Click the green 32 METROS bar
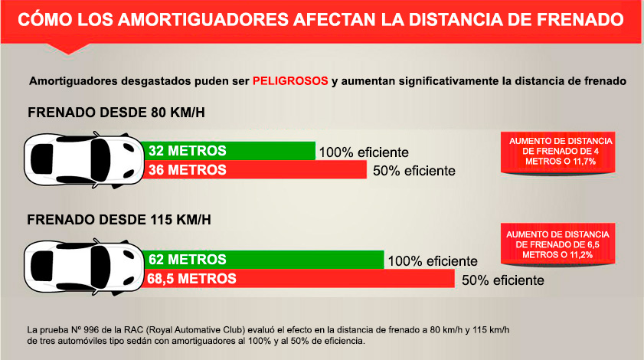[x=230, y=150]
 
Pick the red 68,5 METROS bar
[x=299, y=279]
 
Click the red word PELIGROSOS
[x=291, y=80]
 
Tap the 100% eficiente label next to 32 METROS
[x=363, y=152]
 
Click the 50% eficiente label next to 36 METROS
[x=414, y=171]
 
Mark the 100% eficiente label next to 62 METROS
[x=433, y=261]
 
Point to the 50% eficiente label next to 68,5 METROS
[x=502, y=280]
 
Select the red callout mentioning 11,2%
[x=555, y=244]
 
